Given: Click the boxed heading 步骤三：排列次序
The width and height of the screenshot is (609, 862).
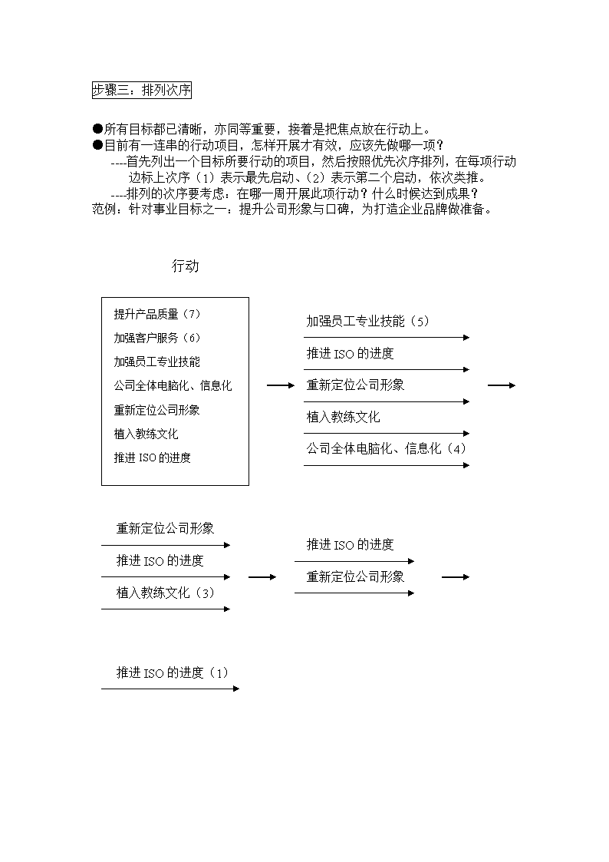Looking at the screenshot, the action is [x=142, y=90].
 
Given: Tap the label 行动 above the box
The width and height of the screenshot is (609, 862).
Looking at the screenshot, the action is [x=185, y=266].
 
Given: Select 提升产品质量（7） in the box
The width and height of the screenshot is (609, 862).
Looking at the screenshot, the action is [x=157, y=314].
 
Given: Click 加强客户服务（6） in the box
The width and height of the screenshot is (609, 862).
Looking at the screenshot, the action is [x=157, y=338].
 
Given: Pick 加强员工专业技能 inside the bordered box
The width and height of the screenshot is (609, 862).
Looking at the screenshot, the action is [x=157, y=362].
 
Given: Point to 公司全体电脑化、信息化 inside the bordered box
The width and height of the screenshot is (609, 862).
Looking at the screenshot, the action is [x=173, y=385].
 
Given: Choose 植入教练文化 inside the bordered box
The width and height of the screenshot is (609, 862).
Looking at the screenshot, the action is [x=146, y=434].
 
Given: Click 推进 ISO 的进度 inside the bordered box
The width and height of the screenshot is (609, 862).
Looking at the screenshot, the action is [x=153, y=457].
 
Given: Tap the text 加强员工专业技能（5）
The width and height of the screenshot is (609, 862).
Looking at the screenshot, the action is [x=368, y=321].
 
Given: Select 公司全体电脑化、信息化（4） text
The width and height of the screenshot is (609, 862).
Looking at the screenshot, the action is [x=387, y=448].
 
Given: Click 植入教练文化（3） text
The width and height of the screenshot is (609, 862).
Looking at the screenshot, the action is [x=166, y=593].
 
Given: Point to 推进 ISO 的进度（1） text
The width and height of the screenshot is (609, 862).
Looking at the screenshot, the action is [x=173, y=672].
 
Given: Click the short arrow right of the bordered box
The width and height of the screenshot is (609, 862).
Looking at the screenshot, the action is [x=281, y=385].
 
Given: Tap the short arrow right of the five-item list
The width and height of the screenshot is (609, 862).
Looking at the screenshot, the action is [x=502, y=385].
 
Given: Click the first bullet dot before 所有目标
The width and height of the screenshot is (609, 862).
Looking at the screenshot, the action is [x=97, y=129].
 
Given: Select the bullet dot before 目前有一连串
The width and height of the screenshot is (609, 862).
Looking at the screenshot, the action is [x=97, y=145].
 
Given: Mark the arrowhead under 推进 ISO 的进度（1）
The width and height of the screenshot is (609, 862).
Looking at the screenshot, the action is [x=237, y=689].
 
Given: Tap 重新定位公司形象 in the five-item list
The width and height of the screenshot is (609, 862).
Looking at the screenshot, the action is [x=355, y=385].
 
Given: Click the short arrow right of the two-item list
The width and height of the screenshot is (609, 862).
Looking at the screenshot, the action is [x=456, y=576].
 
